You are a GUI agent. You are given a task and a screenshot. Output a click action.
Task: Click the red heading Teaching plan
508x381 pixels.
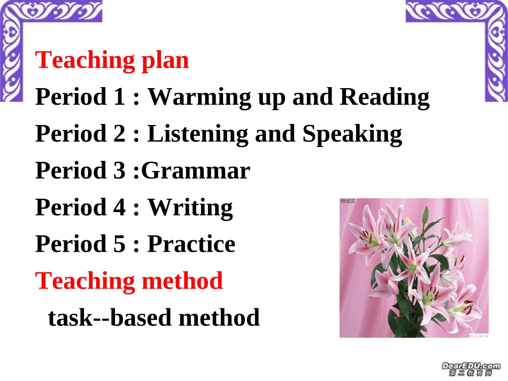coord(112,60)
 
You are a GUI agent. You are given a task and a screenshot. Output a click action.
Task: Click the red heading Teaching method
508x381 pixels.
coord(129,281)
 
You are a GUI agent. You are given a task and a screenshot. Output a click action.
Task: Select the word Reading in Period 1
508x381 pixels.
coord(384,97)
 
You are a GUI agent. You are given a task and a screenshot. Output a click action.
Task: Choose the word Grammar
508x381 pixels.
coord(196,170)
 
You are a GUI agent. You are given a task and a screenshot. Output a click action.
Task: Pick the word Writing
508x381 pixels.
coord(190,207)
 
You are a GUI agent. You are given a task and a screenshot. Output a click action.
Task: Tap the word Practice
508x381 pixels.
coord(191,244)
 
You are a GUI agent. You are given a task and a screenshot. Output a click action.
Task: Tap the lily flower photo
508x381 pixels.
coord(414,268)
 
